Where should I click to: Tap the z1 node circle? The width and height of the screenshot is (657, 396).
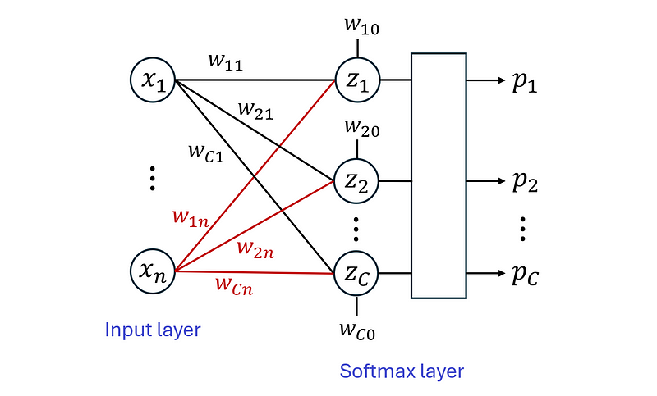356,80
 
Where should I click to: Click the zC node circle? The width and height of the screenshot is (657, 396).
356,274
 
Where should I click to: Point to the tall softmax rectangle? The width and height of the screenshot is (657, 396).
439,175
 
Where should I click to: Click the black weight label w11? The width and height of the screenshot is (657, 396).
224,63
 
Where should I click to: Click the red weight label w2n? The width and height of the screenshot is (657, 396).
255,248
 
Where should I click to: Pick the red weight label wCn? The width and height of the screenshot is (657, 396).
234,286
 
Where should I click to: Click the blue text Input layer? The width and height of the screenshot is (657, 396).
153,330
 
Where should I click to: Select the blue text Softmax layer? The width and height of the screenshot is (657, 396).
402,371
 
